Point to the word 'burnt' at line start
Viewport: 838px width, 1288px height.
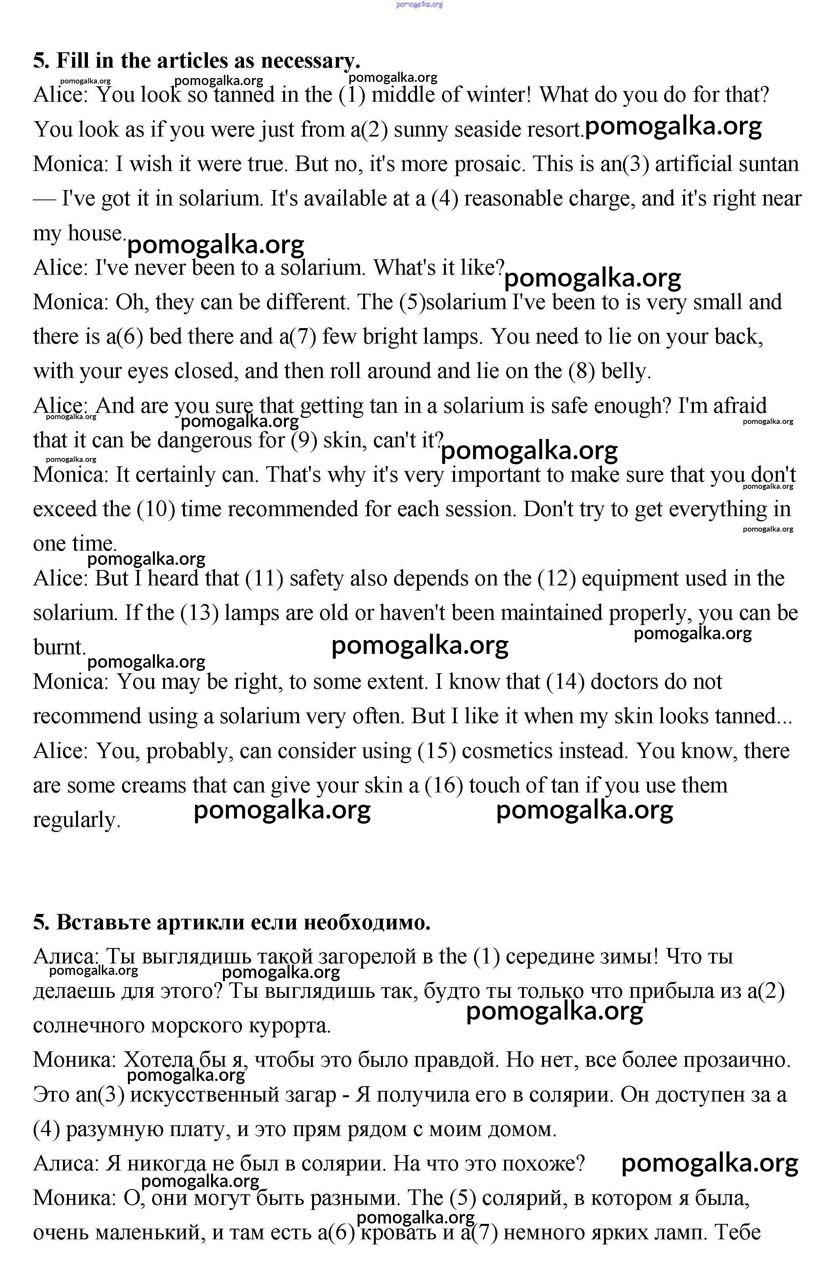(x=59, y=647)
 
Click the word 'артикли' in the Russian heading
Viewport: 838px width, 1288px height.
(x=194, y=923)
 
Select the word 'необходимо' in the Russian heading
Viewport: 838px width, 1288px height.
(x=366, y=923)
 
